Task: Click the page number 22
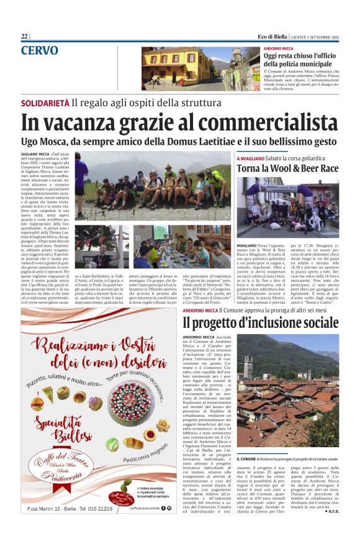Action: (x=24, y=36)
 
